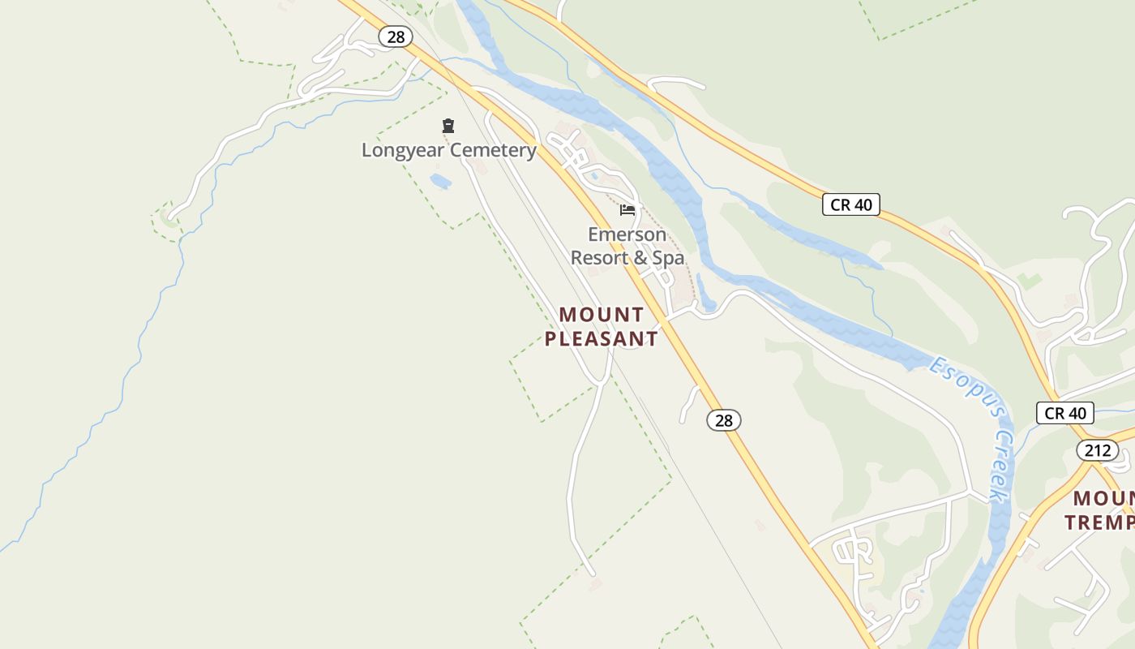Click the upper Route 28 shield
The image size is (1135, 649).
pyautogui.click(x=396, y=37)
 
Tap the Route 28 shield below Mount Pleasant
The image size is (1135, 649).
pyautogui.click(x=724, y=420)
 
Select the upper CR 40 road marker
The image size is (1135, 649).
pyautogui.click(x=851, y=204)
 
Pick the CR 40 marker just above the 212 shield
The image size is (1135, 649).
pyautogui.click(x=1064, y=413)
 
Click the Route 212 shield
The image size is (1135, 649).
pyautogui.click(x=1098, y=450)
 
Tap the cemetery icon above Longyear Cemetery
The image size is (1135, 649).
pyautogui.click(x=448, y=126)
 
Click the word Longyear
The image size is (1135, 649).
pyautogui.click(x=403, y=150)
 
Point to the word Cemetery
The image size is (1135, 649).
pyautogui.click(x=493, y=150)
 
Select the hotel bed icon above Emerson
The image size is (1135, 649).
pyautogui.click(x=627, y=210)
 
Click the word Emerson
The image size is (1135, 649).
pyautogui.click(x=627, y=234)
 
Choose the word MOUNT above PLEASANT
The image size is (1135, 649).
pyautogui.click(x=602, y=315)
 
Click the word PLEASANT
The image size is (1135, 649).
pyautogui.click(x=601, y=339)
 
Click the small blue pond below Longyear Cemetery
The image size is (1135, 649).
pyautogui.click(x=440, y=181)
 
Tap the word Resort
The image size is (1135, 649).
pyautogui.click(x=597, y=258)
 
